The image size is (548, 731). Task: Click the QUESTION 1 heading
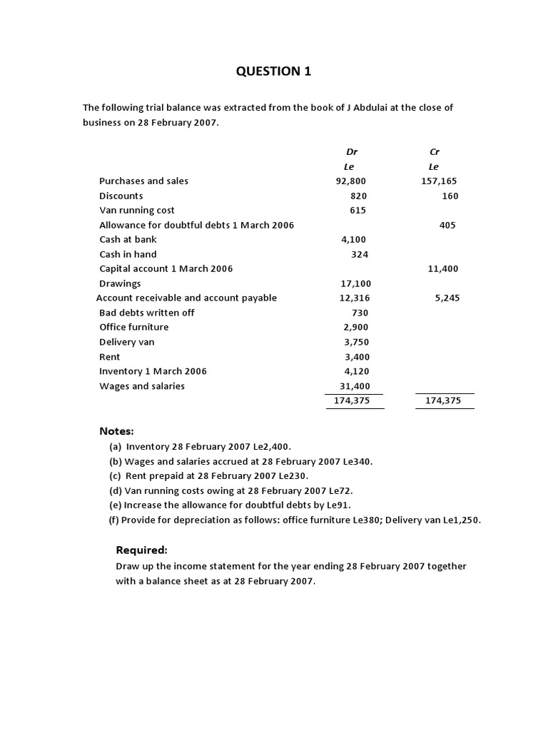coord(274,71)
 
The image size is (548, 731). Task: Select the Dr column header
coord(352,152)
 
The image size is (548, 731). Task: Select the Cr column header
coord(435,152)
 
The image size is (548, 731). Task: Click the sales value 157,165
coord(439,181)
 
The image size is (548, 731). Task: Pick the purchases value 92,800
coord(351,181)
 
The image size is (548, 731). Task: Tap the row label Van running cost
coord(136,211)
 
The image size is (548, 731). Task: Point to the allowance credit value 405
coord(447,225)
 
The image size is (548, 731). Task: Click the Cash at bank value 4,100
coord(354,240)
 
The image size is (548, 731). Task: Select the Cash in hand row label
coord(128,254)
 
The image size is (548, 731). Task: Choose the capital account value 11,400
coord(443,269)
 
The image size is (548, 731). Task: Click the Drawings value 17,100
coord(356,283)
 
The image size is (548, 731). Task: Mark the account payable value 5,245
coord(447,298)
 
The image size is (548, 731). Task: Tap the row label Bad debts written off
coord(146,313)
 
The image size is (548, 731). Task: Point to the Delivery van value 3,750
coord(356,342)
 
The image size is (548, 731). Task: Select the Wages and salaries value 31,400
coord(355,386)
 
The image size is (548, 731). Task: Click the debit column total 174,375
coord(352,401)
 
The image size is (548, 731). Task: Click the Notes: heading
coord(116,431)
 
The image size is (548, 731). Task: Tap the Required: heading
coord(141,550)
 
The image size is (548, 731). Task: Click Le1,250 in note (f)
coord(460,520)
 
